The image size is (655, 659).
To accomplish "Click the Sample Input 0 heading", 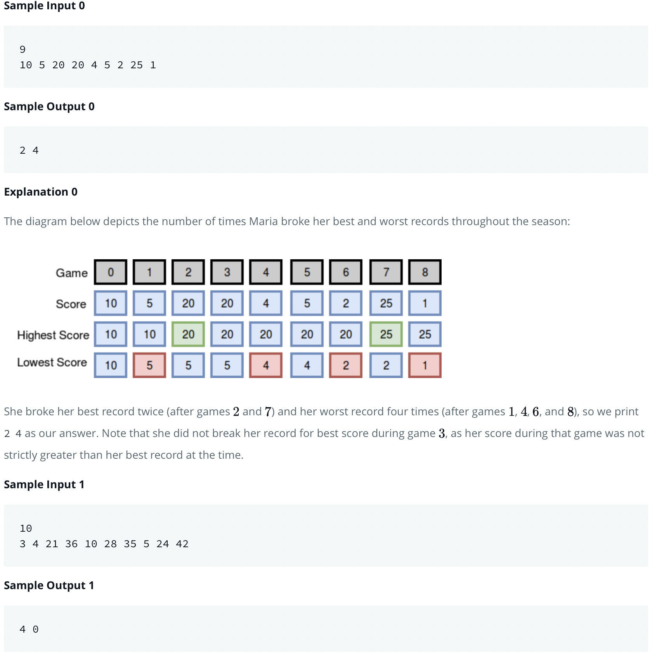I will click(x=44, y=6).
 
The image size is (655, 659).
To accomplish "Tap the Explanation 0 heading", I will click(x=41, y=192).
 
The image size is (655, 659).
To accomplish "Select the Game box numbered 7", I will click(x=386, y=272).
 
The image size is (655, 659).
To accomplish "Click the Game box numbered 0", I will click(x=111, y=272).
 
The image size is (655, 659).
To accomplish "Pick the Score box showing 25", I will click(x=386, y=303).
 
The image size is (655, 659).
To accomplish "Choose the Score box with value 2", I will click(x=345, y=303).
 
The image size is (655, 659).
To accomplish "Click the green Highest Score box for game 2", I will click(x=188, y=334).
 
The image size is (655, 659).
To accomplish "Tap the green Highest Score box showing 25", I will click(x=386, y=334).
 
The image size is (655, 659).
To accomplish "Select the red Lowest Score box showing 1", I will click(x=425, y=365).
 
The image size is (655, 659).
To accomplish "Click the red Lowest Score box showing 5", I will click(x=149, y=365).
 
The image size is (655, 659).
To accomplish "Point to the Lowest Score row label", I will click(x=52, y=362).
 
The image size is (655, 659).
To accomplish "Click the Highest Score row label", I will click(x=53, y=335).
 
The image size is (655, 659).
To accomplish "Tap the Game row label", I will click(x=72, y=273).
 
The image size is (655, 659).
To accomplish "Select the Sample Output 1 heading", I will click(x=49, y=585).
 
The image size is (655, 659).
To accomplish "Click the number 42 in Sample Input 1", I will click(x=182, y=544).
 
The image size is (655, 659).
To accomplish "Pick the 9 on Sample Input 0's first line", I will click(x=23, y=49).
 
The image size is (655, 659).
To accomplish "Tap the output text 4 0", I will click(x=29, y=629).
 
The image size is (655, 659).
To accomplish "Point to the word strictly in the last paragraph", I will click(x=21, y=455).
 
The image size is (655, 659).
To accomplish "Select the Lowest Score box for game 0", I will click(x=111, y=365).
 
